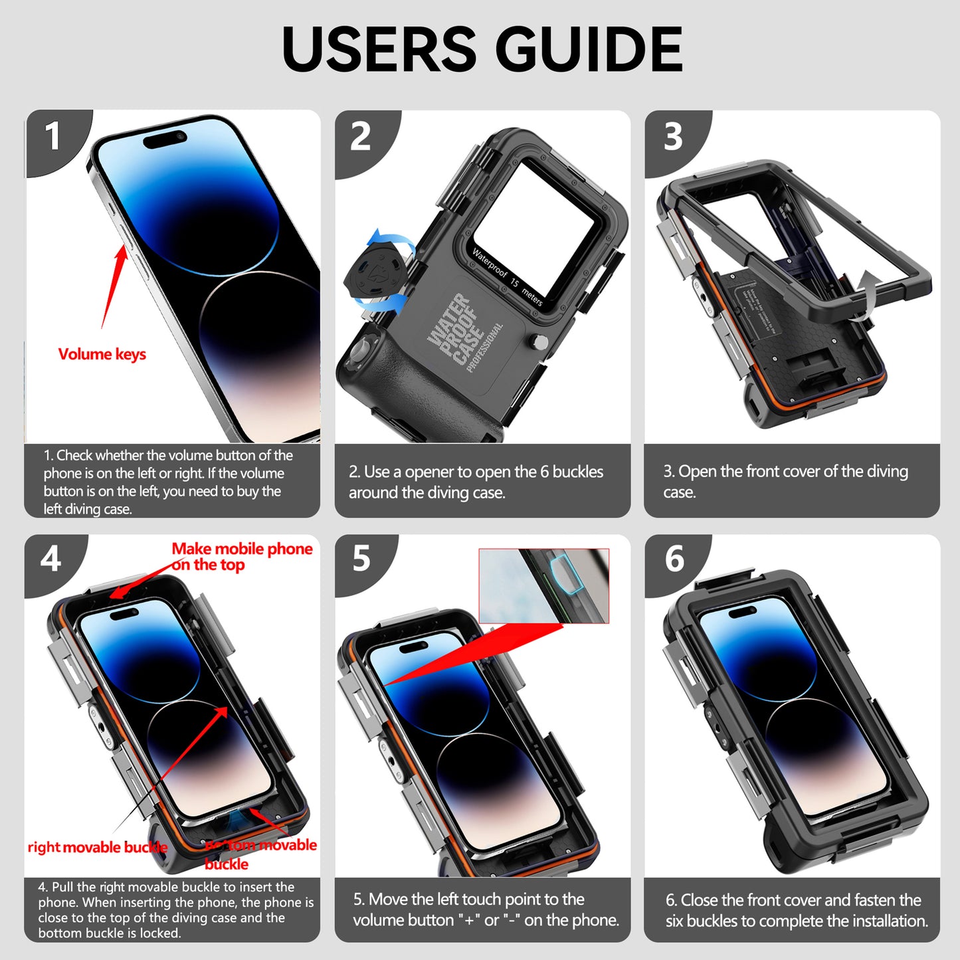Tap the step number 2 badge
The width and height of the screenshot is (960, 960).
[x=360, y=136]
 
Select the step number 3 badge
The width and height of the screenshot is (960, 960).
[x=673, y=136]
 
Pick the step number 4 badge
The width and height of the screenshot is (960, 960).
[x=51, y=559]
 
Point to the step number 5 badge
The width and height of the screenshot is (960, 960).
[x=361, y=559]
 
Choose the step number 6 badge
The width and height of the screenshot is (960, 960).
[x=674, y=559]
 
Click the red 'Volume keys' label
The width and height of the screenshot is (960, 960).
[x=102, y=354]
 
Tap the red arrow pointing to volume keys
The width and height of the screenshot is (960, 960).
[x=113, y=286]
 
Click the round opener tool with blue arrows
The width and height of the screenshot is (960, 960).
[x=375, y=269]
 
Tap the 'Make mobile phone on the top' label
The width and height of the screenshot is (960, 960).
[x=241, y=557]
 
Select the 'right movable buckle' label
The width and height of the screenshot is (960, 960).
[x=97, y=847]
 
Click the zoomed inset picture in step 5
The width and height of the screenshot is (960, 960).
[x=543, y=585]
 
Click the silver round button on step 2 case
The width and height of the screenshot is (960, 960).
[x=541, y=342]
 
